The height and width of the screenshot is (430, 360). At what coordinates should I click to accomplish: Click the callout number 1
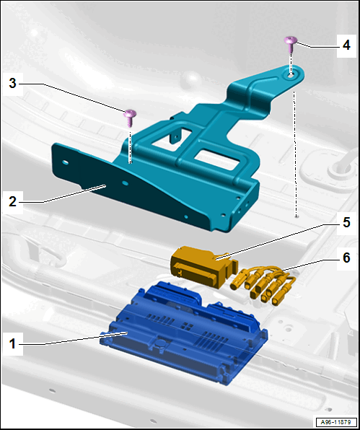12,344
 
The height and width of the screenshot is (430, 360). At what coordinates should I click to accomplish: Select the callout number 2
12,201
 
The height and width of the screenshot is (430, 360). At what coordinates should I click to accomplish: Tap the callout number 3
12,83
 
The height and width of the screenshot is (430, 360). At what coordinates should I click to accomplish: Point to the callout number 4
346,45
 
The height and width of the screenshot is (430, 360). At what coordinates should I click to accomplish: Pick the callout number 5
346,222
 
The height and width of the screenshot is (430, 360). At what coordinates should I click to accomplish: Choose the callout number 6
346,258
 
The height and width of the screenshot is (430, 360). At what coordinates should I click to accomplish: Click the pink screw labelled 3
130,118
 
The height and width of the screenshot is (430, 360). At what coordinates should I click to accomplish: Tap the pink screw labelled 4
291,44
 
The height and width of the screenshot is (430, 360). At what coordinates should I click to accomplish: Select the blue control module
183,333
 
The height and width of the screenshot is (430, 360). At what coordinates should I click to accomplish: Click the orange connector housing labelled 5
201,266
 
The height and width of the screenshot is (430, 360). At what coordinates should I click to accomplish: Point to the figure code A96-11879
335,421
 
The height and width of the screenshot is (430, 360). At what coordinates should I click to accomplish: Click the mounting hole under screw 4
291,75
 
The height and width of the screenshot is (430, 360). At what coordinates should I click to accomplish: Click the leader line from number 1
74,338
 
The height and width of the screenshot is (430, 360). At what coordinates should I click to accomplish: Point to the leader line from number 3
72,97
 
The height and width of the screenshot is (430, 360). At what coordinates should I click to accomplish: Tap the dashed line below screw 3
131,146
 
